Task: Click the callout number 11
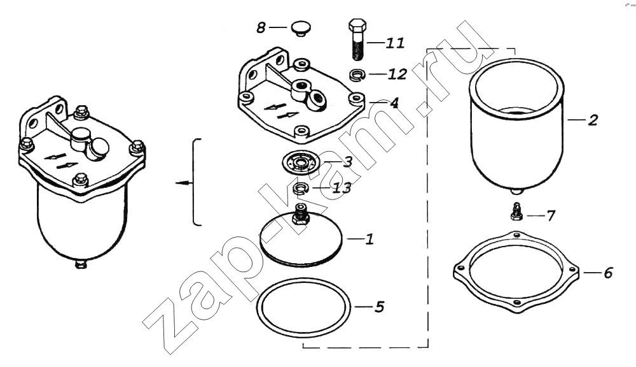[x=395, y=43]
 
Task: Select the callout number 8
[x=261, y=27]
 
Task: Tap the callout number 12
[x=397, y=74]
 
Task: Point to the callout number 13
[x=342, y=188]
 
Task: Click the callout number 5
[x=379, y=306]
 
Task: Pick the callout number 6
[x=607, y=273]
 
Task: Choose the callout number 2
[x=593, y=120]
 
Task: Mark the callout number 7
[x=550, y=215]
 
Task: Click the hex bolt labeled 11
[x=357, y=39]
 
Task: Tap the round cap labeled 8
[x=301, y=29]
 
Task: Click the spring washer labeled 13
[x=301, y=188]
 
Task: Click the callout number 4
[x=394, y=103]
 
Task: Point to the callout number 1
[x=369, y=239]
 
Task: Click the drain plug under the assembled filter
[x=81, y=264]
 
